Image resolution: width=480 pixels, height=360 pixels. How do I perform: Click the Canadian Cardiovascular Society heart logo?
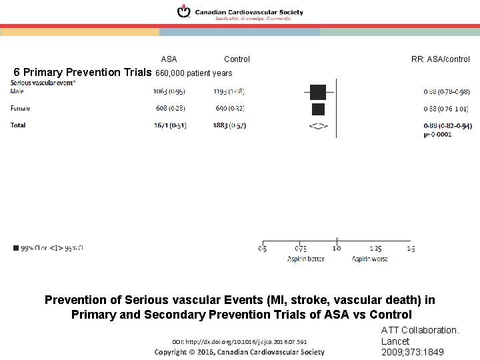pyautogui.click(x=183, y=11)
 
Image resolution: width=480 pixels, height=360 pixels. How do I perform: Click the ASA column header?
pyautogui.click(x=169, y=59)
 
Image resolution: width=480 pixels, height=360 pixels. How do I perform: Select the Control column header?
pyautogui.click(x=237, y=59)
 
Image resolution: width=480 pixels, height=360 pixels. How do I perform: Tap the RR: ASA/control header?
pyautogui.click(x=440, y=59)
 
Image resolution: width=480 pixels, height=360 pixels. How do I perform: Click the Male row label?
pyautogui.click(x=17, y=91)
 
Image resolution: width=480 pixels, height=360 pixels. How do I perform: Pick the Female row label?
pyautogui.click(x=21, y=108)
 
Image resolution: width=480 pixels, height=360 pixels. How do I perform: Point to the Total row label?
pyautogui.click(x=18, y=125)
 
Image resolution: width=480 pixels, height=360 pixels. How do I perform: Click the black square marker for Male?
pyautogui.click(x=317, y=92)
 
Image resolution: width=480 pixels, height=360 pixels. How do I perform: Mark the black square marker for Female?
pyautogui.click(x=318, y=109)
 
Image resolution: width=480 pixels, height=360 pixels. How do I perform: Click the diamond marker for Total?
pyautogui.click(x=318, y=125)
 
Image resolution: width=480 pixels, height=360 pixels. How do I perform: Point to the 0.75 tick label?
pyautogui.click(x=301, y=249)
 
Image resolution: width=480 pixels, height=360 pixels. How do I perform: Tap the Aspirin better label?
pyautogui.click(x=305, y=259)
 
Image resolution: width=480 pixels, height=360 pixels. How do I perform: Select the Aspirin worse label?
pyautogui.click(x=369, y=259)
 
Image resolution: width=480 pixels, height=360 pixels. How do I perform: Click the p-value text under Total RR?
pyautogui.click(x=437, y=134)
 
